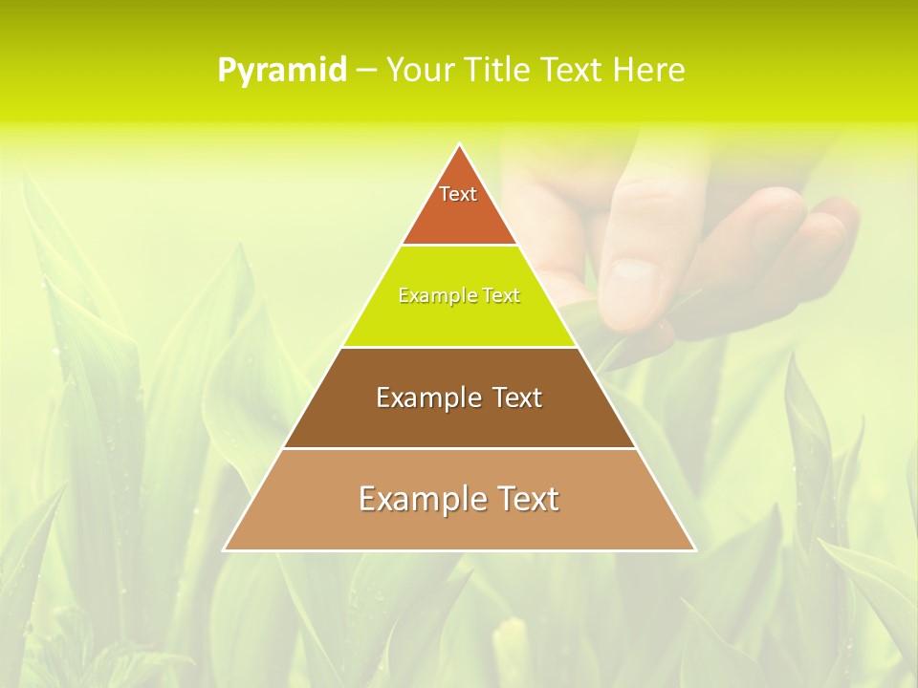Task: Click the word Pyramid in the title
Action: pos(281,71)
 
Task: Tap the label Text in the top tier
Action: pos(458,194)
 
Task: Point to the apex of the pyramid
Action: pos(459,145)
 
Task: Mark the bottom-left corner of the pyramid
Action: pos(225,549)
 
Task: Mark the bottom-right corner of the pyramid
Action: pos(694,549)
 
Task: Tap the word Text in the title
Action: pos(575,71)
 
